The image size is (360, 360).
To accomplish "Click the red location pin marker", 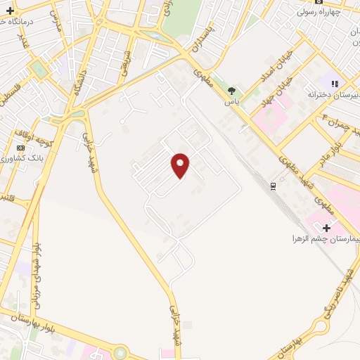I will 181,165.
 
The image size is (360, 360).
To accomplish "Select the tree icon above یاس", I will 231,90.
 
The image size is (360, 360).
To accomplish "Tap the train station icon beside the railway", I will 274,185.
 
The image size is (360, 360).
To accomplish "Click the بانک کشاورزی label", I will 22,158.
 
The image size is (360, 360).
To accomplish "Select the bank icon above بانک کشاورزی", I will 20,148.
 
